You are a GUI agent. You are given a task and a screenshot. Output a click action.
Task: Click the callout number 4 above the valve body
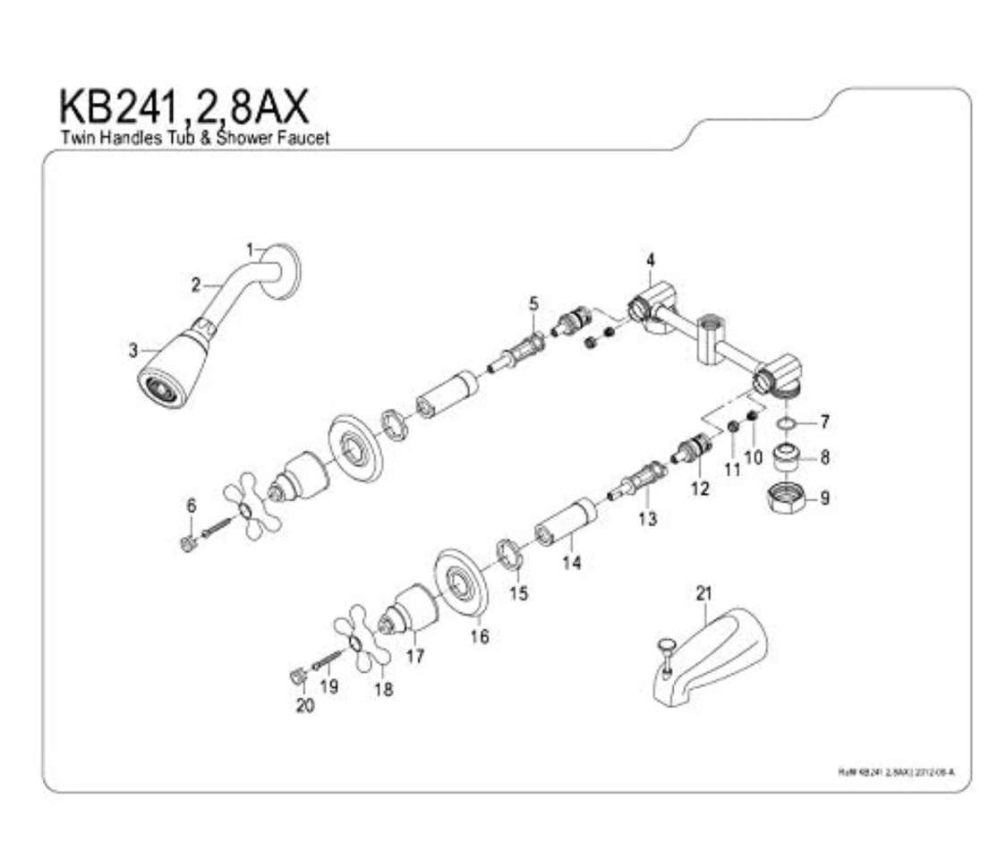tap(650, 260)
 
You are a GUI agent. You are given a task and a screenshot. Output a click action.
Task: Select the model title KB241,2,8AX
tap(183, 106)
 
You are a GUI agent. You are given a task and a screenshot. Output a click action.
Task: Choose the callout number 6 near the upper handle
tap(191, 506)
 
